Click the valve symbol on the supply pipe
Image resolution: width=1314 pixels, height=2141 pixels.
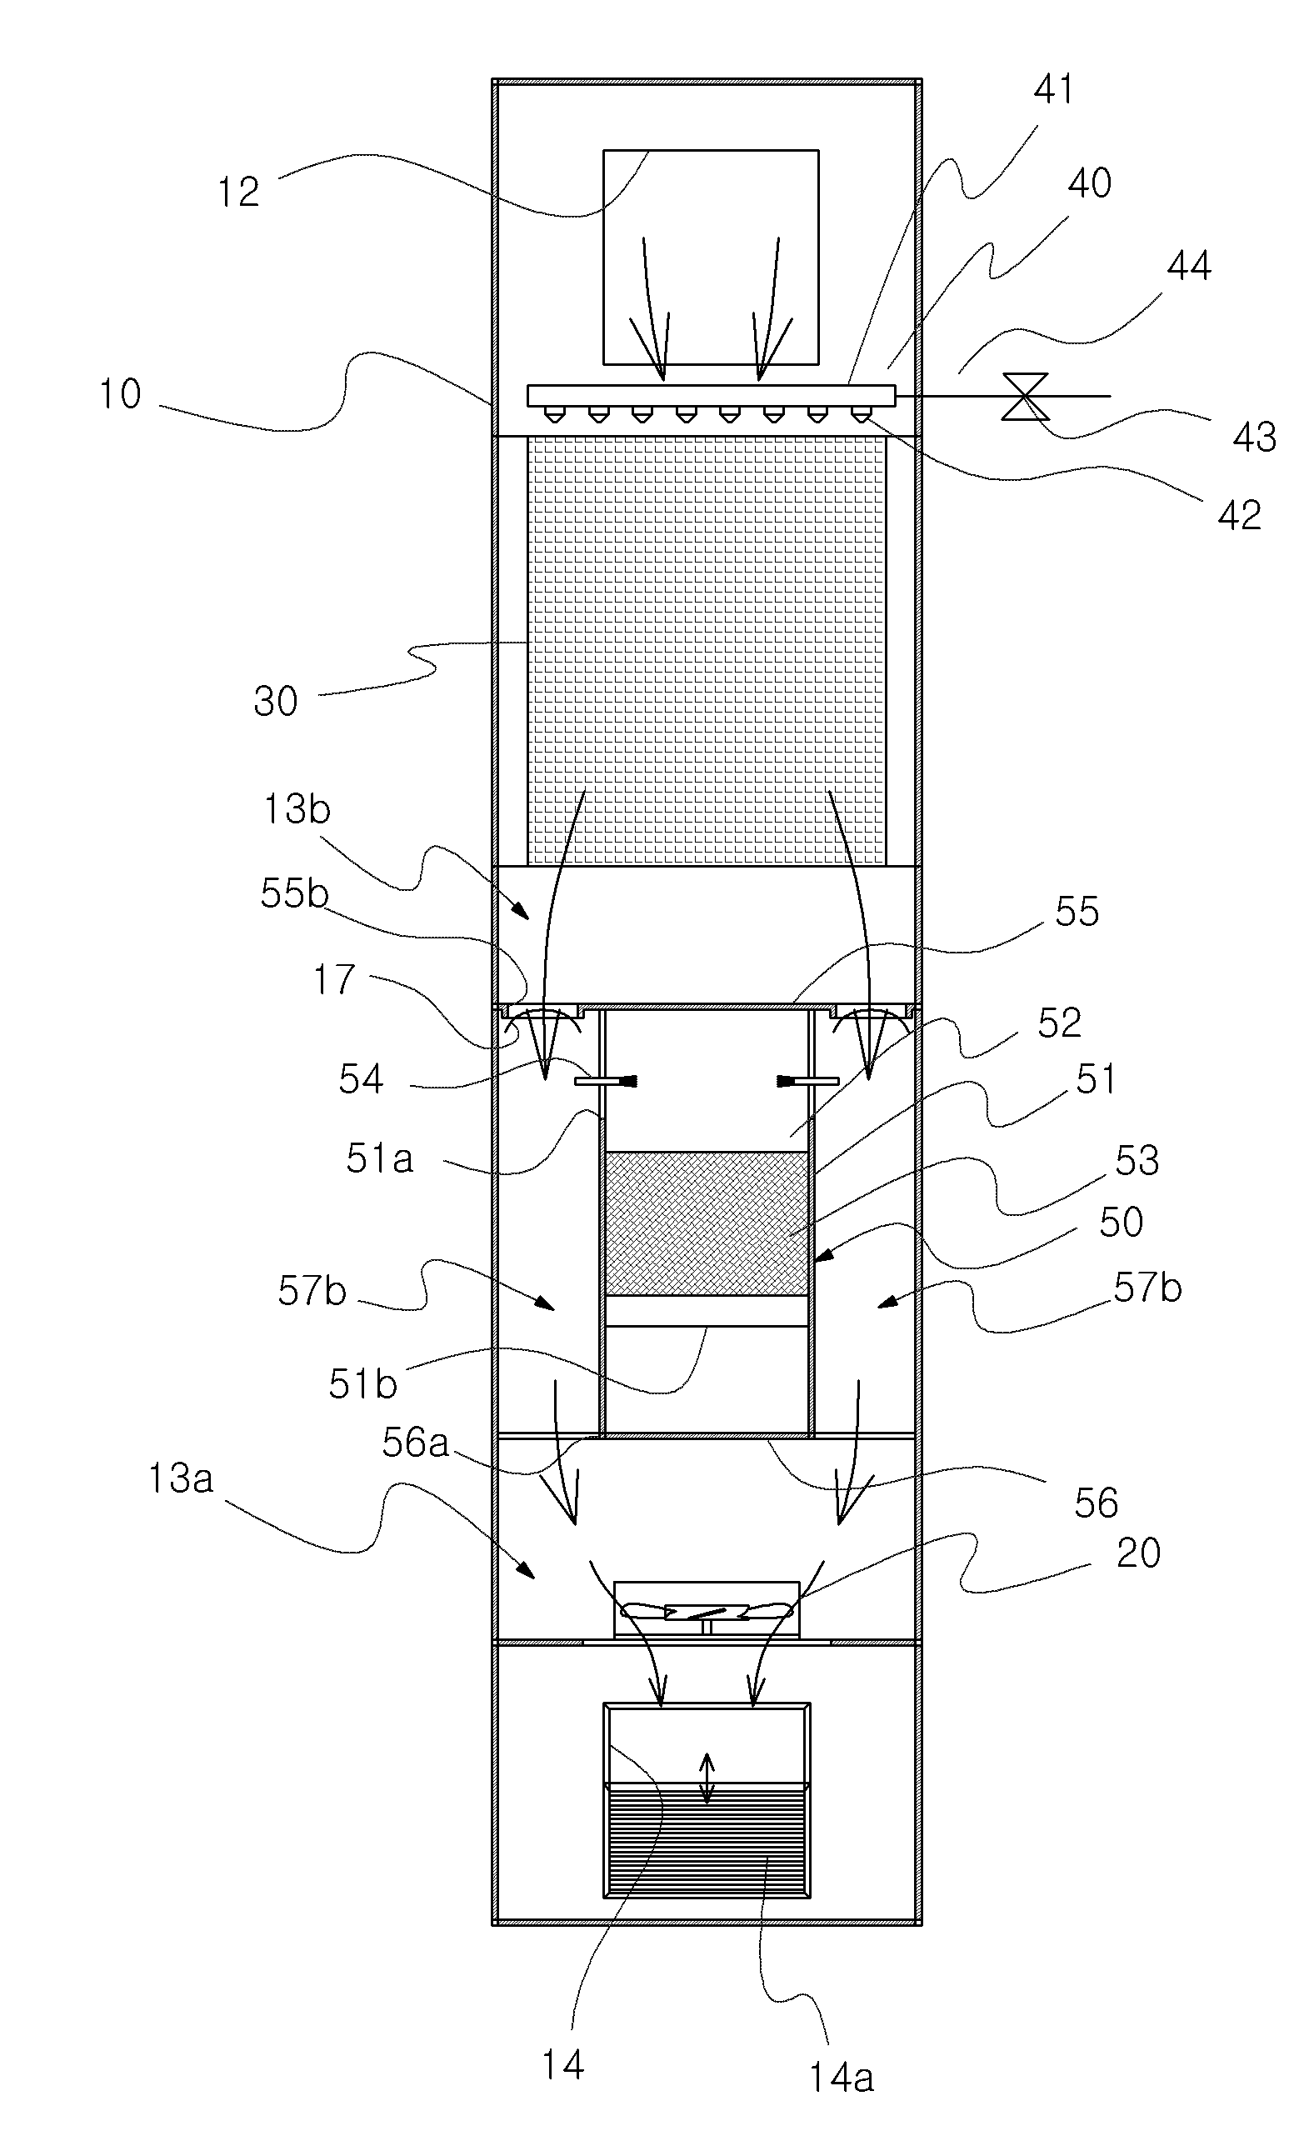[x=1025, y=397]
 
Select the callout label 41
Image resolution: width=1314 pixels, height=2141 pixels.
[x=1053, y=89]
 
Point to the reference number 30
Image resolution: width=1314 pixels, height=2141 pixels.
[x=276, y=702]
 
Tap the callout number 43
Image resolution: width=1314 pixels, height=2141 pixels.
[x=1254, y=438]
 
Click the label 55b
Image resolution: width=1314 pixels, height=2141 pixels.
[x=295, y=893]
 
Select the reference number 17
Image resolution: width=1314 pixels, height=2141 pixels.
[x=334, y=980]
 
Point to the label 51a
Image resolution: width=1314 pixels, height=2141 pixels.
[x=380, y=1158]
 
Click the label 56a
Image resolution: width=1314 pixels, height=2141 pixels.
[x=416, y=1443]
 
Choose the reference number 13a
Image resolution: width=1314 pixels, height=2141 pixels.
[x=181, y=1478]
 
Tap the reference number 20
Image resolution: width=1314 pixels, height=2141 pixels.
[x=1137, y=1553]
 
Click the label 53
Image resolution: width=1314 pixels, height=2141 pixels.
[x=1137, y=1160]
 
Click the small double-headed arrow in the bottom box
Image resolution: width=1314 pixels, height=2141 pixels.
[x=707, y=1778]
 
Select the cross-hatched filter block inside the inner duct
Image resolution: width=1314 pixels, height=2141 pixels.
[x=707, y=1224]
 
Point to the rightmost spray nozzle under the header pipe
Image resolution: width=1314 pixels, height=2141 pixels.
[x=861, y=415]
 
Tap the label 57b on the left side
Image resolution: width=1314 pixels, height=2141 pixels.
[x=312, y=1291]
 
